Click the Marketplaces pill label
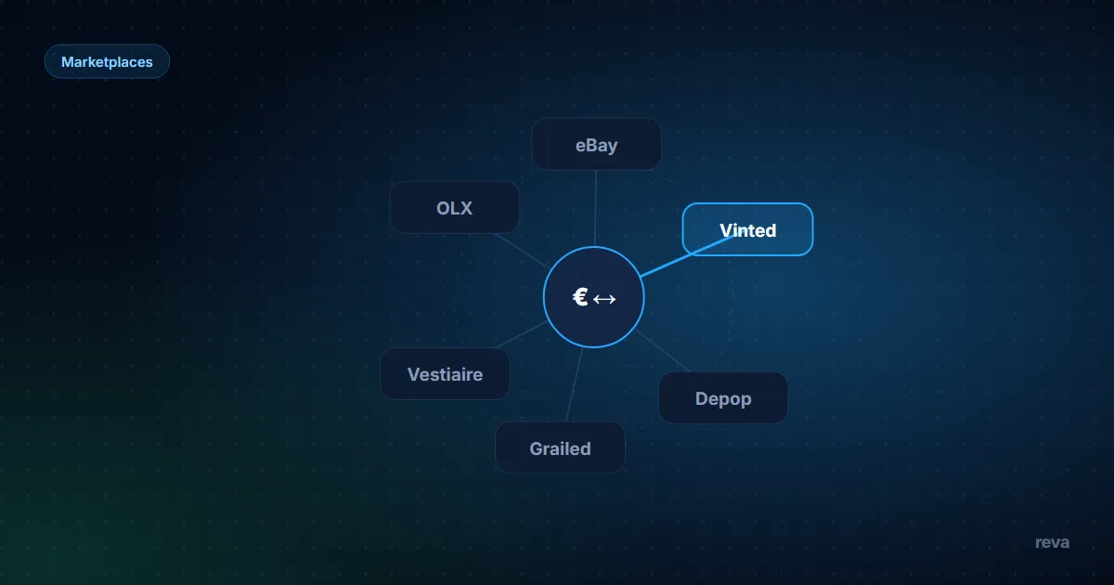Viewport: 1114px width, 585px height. [107, 61]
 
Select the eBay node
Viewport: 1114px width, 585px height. [596, 144]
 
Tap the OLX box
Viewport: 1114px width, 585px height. [454, 207]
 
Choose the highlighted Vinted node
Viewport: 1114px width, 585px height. [747, 229]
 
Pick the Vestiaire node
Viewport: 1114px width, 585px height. [445, 373]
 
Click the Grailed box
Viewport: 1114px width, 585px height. [560, 448]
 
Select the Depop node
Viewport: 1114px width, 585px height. [723, 398]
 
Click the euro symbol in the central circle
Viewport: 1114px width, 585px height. [580, 297]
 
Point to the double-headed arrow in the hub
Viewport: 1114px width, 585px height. [604, 299]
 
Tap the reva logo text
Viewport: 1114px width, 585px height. [1052, 542]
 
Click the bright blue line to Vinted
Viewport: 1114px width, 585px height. [686, 255]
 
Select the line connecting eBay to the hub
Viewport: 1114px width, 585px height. [595, 208]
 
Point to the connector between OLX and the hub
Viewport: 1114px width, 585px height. [523, 252]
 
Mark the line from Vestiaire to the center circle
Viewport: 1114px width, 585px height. [521, 334]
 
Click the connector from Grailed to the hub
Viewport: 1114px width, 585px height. [574, 384]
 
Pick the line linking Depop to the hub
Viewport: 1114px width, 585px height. [662, 351]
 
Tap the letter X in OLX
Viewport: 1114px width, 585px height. [465, 208]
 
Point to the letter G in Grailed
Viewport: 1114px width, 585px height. [537, 448]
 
